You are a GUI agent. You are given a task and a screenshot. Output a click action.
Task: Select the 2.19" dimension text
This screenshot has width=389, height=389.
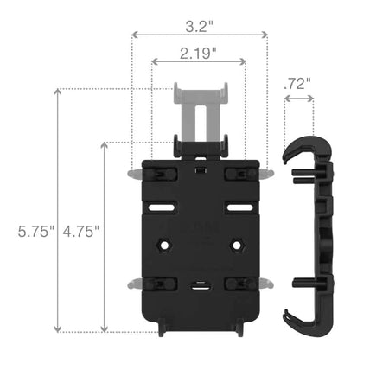pos(198,54)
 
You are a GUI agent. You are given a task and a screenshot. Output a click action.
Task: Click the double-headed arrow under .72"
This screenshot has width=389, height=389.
pos(298,99)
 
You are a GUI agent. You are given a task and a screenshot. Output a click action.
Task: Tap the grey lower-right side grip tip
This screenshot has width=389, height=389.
pos(268,284)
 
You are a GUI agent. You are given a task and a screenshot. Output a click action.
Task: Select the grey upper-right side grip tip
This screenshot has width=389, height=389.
pos(268,174)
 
